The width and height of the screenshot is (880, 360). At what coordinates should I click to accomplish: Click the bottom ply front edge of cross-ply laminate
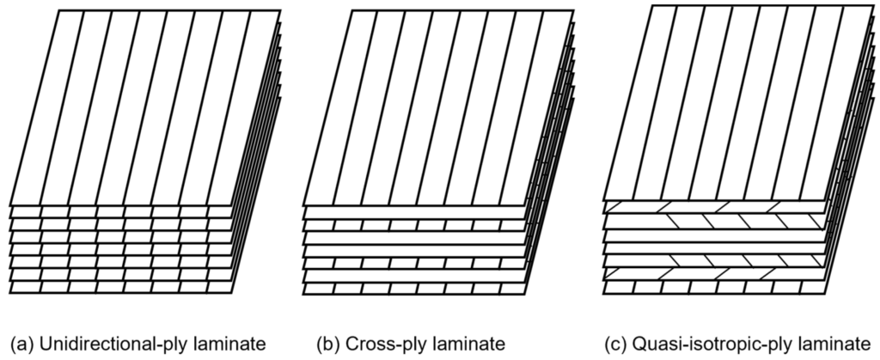click(x=412, y=288)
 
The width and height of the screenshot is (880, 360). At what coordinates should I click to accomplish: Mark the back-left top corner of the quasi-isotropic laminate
click(x=652, y=6)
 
